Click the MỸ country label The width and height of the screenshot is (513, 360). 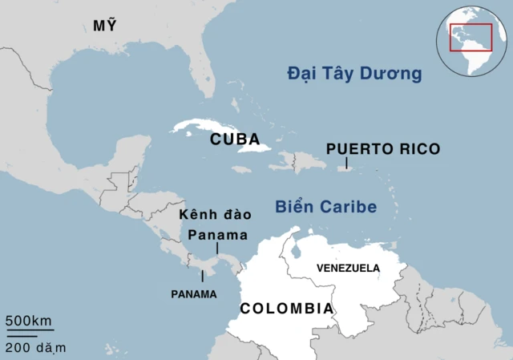point(104,26)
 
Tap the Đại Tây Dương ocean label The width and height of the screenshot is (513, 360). point(354,75)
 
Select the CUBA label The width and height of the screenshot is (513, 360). point(235,140)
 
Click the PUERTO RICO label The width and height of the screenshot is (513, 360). point(383,148)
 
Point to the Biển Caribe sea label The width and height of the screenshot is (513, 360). point(325,207)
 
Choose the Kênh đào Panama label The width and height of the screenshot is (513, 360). point(215,224)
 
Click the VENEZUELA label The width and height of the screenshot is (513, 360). point(349,268)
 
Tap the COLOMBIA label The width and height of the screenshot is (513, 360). point(286,309)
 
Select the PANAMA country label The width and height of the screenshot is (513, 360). point(194,294)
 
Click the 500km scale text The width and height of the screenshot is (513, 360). point(30,322)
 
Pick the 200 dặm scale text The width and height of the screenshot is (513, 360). point(35,347)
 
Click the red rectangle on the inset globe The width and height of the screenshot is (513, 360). point(470,37)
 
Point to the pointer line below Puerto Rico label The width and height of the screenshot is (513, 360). point(345,164)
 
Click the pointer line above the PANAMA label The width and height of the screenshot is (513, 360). point(202,275)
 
